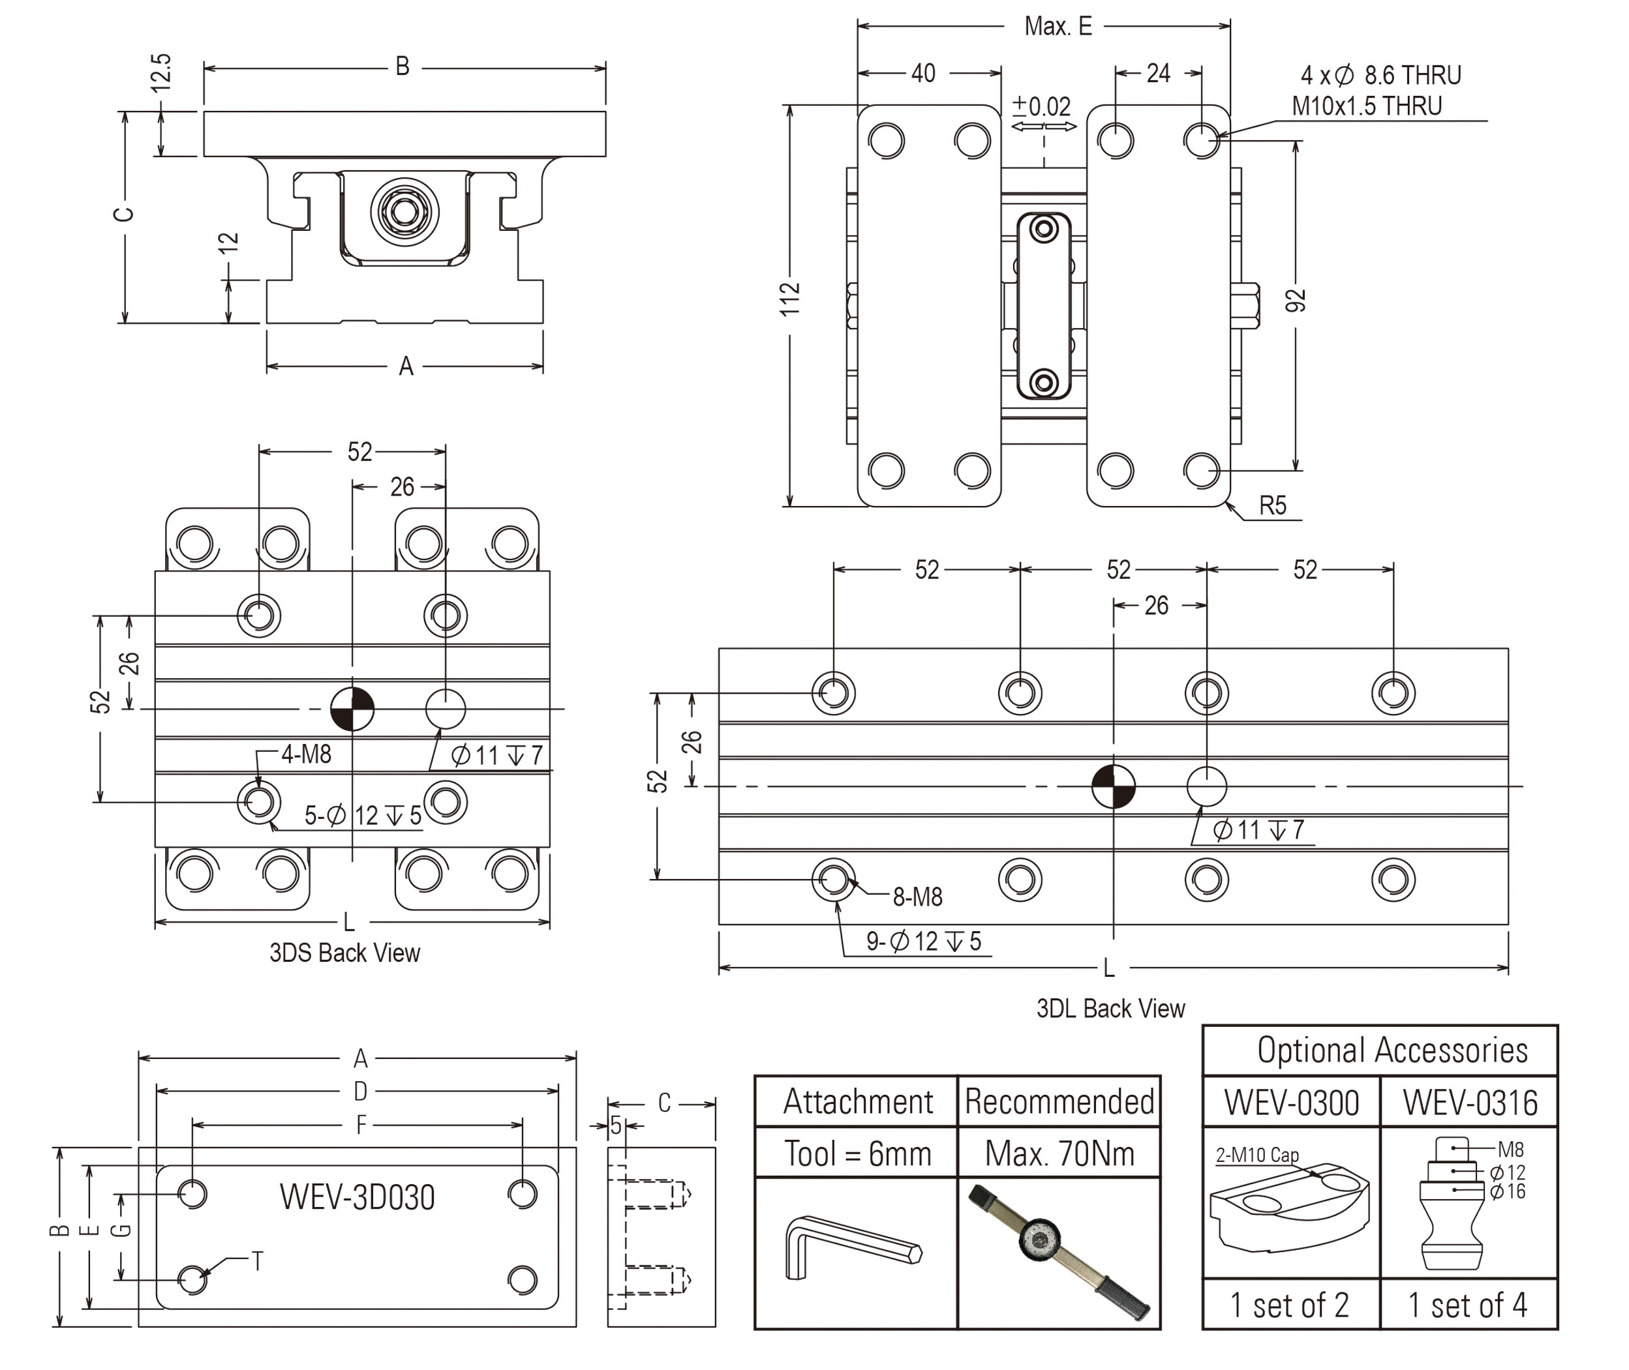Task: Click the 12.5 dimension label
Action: coord(160,74)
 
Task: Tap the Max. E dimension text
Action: coord(1058,26)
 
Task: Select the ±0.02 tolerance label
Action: coord(1042,106)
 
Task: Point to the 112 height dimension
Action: coord(790,299)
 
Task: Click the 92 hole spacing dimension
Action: coord(1295,301)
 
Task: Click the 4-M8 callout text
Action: coord(306,754)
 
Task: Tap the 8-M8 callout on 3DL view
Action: coord(917,898)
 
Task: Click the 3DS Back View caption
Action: coord(344,953)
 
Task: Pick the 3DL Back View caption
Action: coord(1110,1009)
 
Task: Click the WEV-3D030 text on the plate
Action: coord(357,1197)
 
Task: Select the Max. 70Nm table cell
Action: coord(1059,1154)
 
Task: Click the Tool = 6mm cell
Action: coord(857,1154)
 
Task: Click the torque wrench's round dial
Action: coord(1039,1240)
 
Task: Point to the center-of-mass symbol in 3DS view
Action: coord(352,709)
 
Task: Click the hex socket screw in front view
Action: coord(404,211)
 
